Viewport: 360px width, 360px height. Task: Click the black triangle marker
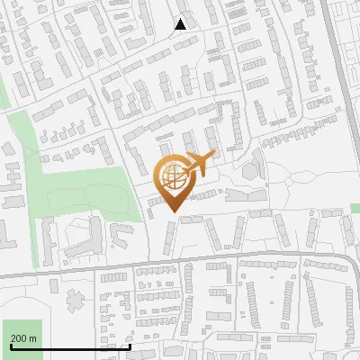click(181, 24)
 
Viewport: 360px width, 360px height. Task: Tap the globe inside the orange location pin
click(174, 177)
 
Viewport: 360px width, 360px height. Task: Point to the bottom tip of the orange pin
click(174, 213)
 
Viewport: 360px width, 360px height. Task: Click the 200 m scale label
click(24, 338)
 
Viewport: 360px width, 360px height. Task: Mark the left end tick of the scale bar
click(11, 346)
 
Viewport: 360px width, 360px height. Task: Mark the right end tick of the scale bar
click(130, 346)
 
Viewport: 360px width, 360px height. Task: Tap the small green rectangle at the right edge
click(355, 209)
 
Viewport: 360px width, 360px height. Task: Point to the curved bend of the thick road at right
click(350, 261)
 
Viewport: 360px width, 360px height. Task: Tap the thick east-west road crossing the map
click(180, 265)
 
